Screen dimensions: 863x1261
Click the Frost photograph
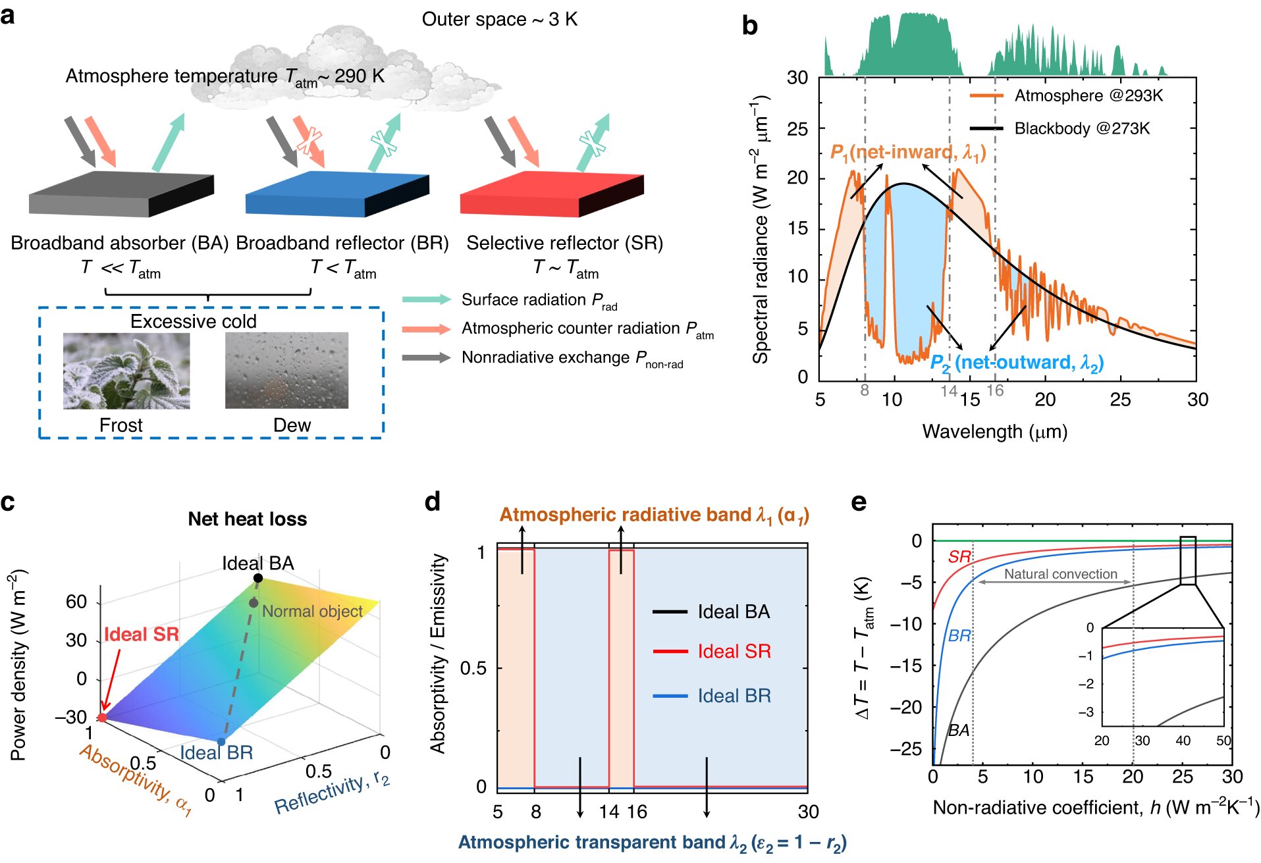pos(126,371)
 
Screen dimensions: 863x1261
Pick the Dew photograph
pos(286,371)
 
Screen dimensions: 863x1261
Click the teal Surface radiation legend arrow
pos(426,300)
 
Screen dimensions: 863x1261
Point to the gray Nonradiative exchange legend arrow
pos(426,357)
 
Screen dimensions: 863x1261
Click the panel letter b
pos(749,26)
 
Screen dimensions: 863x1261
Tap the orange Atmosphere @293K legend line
pos(986,96)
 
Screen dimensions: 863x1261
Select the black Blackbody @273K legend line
pos(986,128)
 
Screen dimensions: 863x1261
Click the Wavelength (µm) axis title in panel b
pos(994,432)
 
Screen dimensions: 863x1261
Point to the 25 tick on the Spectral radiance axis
pos(797,128)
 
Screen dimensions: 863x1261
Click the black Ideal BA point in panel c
pos(258,578)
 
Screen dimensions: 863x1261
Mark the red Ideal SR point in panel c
pos(102,718)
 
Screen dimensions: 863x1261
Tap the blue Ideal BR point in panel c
pos(221,742)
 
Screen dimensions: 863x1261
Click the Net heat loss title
pos(247,519)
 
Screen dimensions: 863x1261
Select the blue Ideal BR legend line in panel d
pos(670,696)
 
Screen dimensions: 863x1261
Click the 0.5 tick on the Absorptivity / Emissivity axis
pos(473,668)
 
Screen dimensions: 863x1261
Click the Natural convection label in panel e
pos(1060,574)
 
